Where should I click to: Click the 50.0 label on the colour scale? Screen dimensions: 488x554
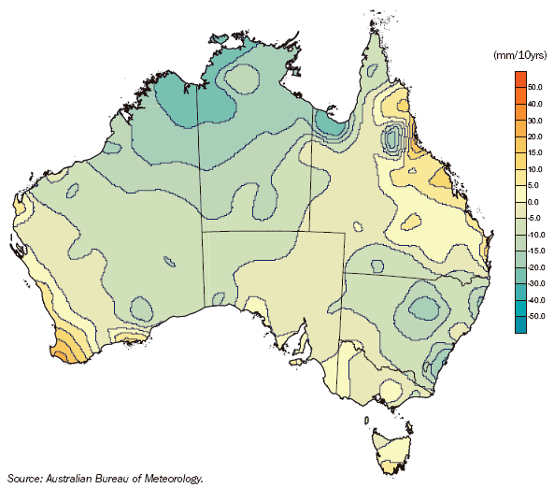click(535, 87)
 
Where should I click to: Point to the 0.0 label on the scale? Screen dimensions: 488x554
click(534, 203)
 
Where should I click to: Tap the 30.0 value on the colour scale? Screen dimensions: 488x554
click(535, 121)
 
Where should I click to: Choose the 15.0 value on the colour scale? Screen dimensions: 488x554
click(535, 153)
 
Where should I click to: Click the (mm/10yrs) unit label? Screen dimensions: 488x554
click(517, 56)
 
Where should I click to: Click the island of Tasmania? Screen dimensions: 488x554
click(391, 447)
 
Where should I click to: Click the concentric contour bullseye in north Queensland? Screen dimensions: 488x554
click(393, 141)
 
